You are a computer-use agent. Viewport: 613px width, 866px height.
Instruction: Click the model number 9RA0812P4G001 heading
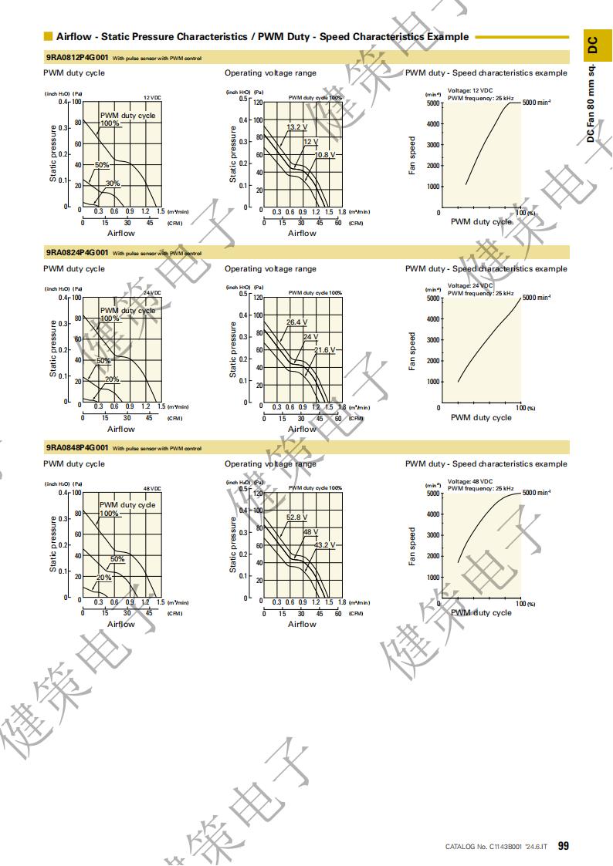(77, 56)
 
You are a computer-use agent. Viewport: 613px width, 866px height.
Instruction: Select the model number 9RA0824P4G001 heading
(77, 252)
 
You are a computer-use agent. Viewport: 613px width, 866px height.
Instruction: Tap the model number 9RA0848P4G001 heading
(77, 447)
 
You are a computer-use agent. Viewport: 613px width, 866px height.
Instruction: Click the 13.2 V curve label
(296, 127)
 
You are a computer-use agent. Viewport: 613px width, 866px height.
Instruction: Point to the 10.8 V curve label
(327, 155)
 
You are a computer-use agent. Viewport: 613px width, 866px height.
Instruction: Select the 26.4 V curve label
(296, 322)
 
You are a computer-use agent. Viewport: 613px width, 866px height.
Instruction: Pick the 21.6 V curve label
(325, 350)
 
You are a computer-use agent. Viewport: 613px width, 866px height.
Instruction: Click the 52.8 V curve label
(296, 517)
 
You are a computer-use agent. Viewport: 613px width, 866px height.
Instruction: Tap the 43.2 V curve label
(325, 545)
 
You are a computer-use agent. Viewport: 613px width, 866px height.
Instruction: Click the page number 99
(563, 846)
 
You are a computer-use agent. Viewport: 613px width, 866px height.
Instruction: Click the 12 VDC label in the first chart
(152, 98)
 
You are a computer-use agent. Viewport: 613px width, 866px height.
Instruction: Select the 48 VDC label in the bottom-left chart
(152, 489)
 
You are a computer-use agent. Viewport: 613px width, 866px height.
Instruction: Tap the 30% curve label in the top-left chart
(113, 184)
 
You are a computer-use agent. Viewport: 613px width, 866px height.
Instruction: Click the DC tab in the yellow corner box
(592, 45)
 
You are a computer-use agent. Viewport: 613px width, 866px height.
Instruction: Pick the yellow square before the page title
(48, 36)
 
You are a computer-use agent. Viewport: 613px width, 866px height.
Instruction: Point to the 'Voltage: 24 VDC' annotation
(470, 286)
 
